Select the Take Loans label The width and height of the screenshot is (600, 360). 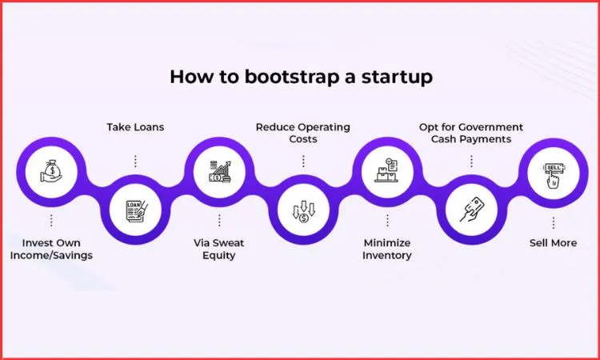(135, 126)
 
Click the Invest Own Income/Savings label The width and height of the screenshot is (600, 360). (51, 249)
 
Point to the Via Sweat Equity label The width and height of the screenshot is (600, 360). (219, 249)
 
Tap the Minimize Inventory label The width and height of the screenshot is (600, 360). (386, 249)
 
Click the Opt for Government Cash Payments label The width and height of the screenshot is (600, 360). (470, 133)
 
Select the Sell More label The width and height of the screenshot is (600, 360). (553, 242)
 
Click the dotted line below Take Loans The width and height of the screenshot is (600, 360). (135, 161)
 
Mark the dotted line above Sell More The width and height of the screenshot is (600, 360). (553, 221)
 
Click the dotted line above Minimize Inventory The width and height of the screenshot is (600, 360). (386, 221)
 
